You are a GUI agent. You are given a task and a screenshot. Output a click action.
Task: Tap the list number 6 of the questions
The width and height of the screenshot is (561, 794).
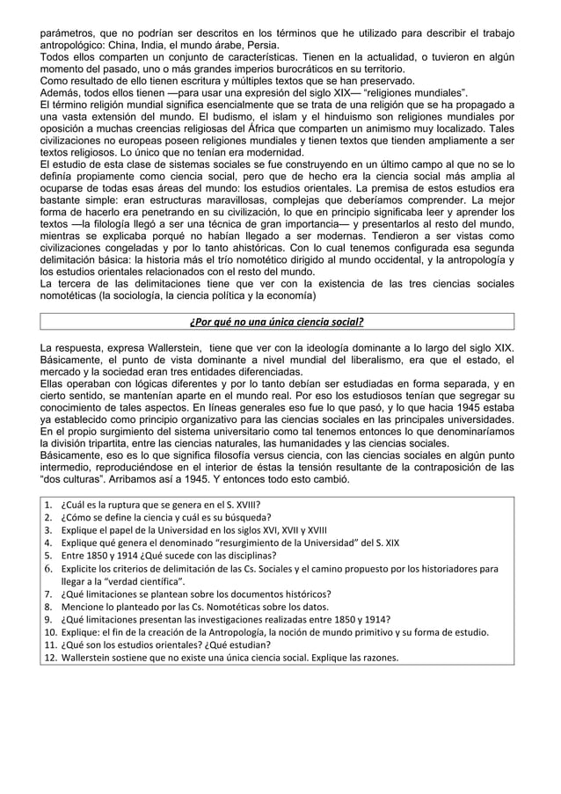coord(49,568)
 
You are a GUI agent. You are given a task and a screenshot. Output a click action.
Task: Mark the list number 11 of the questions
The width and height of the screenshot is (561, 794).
coord(49,644)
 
